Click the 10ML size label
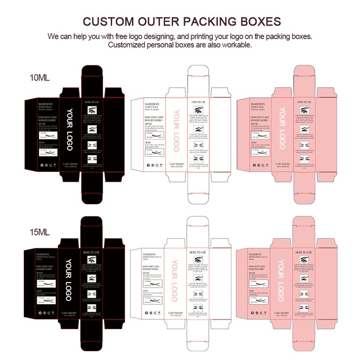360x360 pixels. click(40, 77)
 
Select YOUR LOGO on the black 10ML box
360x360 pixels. click(69, 130)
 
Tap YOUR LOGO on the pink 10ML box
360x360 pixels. click(282, 129)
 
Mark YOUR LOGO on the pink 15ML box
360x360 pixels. click(280, 280)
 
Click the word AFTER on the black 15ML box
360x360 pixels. click(42, 291)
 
